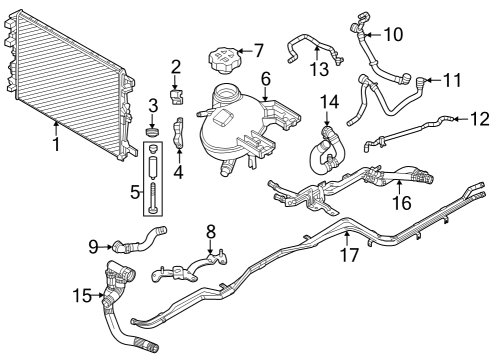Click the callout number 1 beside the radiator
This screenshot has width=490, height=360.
tap(56, 144)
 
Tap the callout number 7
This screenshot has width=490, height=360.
tap(258, 49)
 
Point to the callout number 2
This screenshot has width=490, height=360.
tap(176, 68)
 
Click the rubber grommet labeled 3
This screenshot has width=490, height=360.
tap(154, 130)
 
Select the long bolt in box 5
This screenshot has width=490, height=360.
tap(155, 185)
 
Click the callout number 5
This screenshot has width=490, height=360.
tap(136, 189)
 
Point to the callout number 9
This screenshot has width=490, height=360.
tap(94, 245)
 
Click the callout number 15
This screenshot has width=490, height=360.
tap(82, 295)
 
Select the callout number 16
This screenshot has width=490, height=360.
tap(400, 204)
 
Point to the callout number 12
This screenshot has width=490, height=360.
tap(459, 120)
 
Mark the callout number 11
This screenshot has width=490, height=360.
tap(452, 78)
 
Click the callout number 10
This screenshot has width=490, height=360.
tap(393, 34)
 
